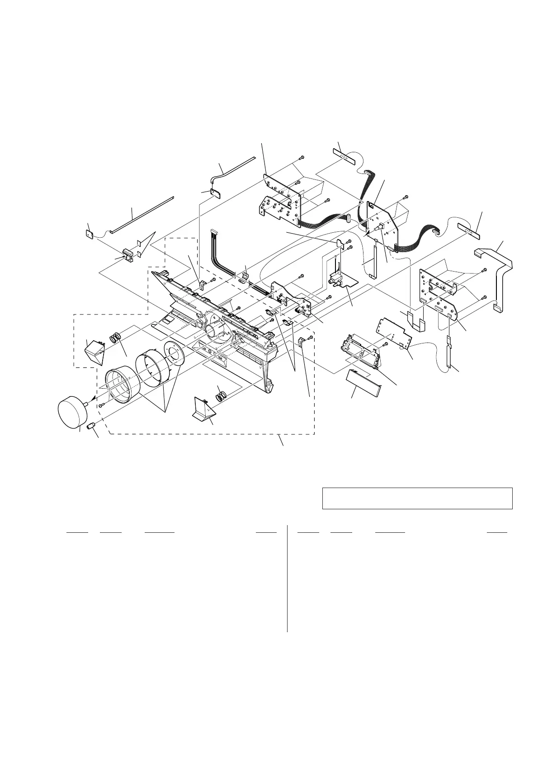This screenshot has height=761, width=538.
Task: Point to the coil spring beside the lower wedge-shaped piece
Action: [221, 396]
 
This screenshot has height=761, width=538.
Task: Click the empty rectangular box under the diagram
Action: [417, 498]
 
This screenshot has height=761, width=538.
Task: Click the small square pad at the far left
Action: [89, 234]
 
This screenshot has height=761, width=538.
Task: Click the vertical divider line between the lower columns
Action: [287, 578]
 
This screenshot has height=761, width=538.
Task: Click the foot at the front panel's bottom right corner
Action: [269, 386]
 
